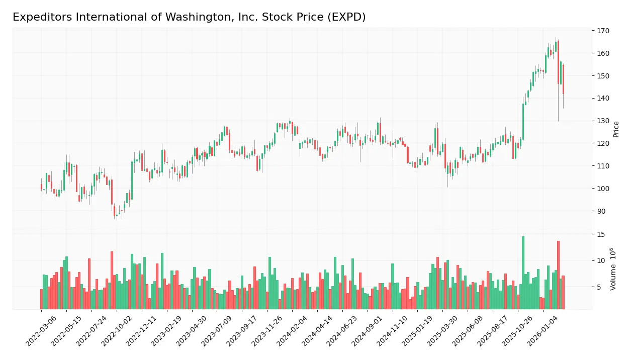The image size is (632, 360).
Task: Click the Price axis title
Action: pos(616,129)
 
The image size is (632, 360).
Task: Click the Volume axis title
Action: pos(613,269)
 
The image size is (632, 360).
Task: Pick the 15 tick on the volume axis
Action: pos(601,234)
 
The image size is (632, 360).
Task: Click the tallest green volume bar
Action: pos(523,273)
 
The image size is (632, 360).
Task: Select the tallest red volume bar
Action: pos(558,275)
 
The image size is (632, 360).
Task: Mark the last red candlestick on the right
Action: pos(563,79)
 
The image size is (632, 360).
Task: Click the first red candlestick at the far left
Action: pos(41,187)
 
